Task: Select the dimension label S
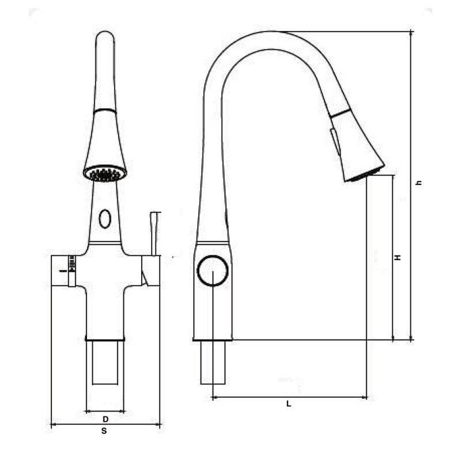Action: (x=104, y=430)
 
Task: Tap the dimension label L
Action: (x=289, y=404)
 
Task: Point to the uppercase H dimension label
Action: (x=398, y=258)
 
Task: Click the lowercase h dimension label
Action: (x=420, y=183)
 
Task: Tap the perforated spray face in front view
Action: (x=105, y=173)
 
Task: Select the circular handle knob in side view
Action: (x=213, y=271)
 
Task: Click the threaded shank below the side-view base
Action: (x=213, y=362)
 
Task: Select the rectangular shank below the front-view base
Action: (x=105, y=363)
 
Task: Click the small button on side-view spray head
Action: (x=334, y=142)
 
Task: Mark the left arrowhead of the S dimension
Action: (x=54, y=425)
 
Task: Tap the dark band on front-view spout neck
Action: (x=105, y=109)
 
